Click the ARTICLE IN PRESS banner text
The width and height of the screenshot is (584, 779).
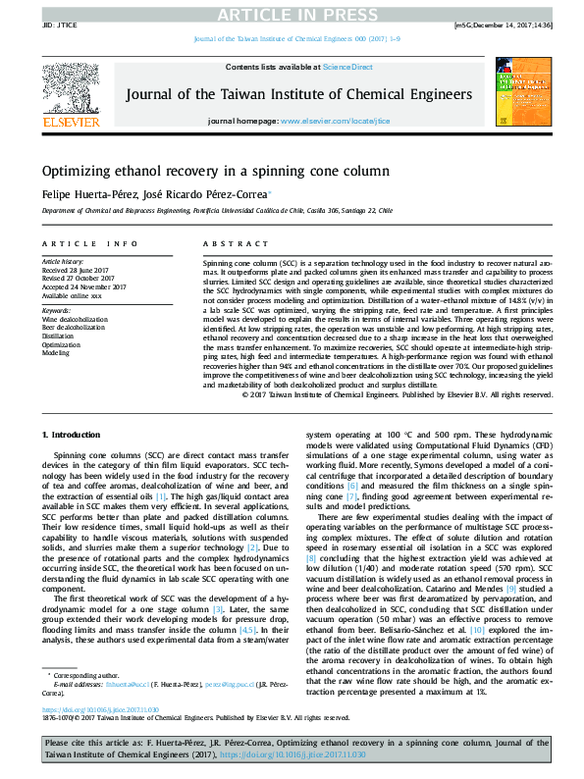pos(292,13)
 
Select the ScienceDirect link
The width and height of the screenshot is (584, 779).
pos(348,67)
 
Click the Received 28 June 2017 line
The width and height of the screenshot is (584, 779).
pos(74,270)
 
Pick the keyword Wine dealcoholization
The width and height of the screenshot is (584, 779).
pos(75,320)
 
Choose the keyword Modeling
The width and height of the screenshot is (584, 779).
pos(55,352)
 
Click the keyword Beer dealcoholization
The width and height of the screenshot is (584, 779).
pos(74,328)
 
